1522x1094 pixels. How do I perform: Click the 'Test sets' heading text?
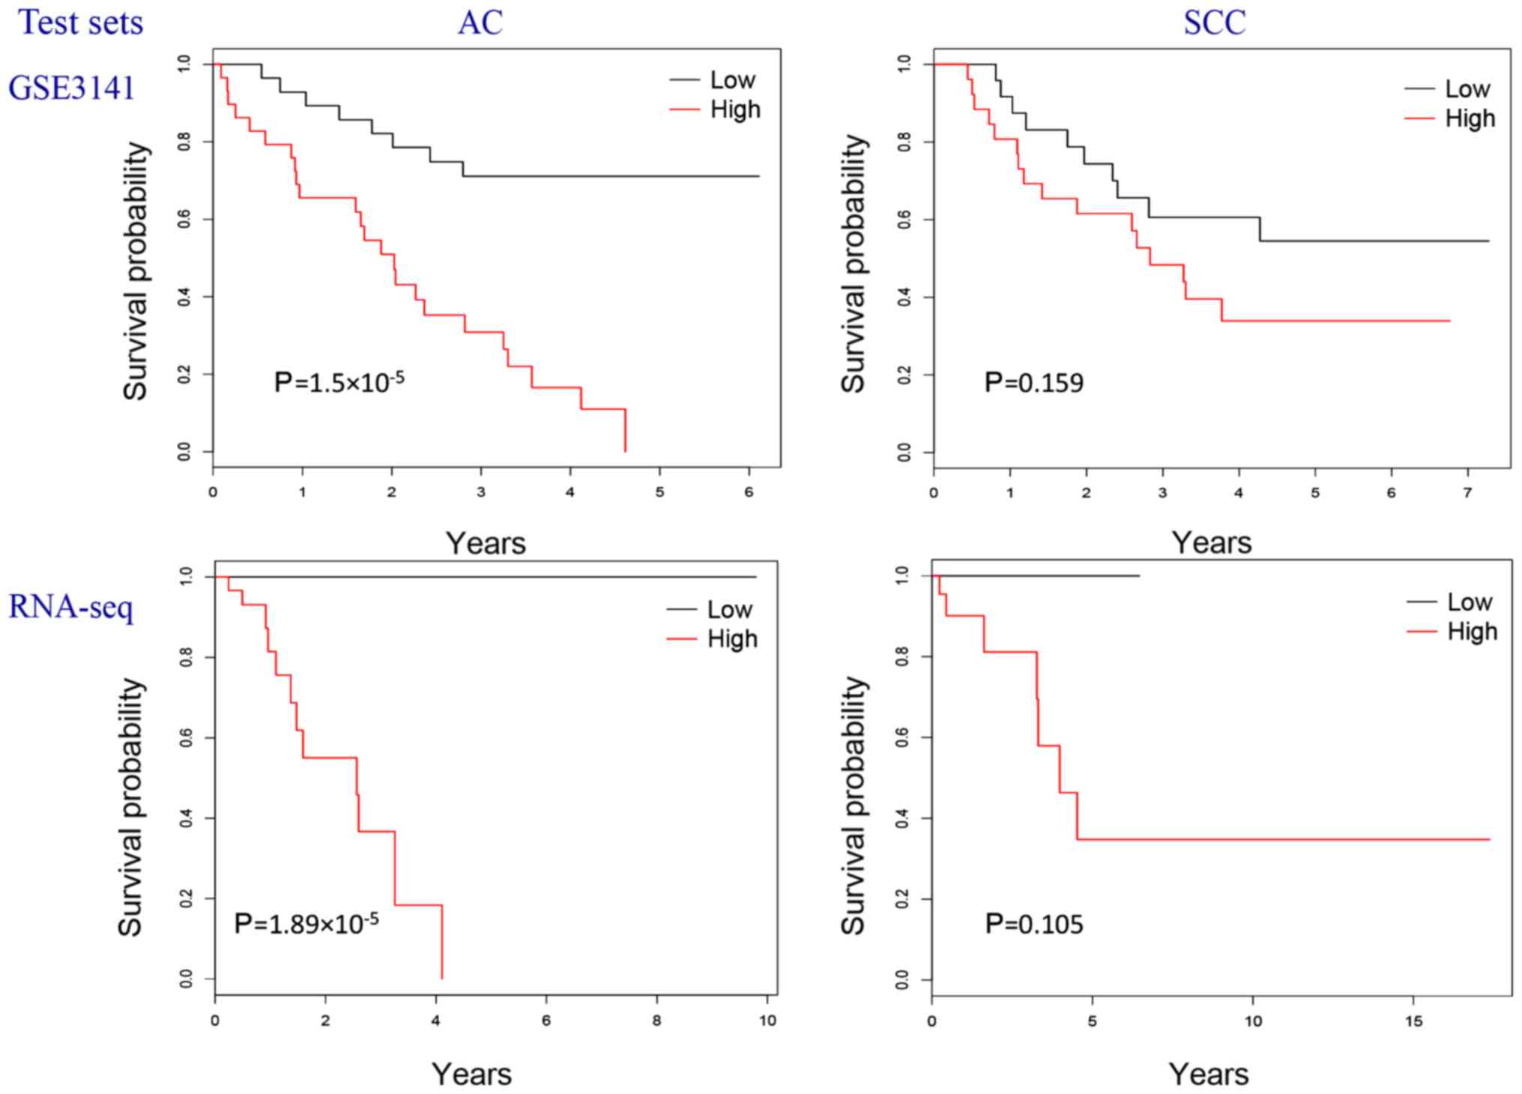click(x=80, y=22)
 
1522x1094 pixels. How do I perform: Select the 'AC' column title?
click(x=480, y=22)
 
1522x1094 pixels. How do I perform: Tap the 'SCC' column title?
click(x=1214, y=22)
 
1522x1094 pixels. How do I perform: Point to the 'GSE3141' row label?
click(x=71, y=88)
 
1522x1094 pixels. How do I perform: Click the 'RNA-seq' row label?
click(x=71, y=607)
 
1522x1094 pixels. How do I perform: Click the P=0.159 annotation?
click(x=1033, y=383)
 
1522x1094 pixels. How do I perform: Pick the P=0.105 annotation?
click(x=1033, y=924)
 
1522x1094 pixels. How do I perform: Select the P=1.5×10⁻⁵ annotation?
click(x=339, y=382)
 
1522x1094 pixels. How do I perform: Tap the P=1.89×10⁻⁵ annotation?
click(x=306, y=922)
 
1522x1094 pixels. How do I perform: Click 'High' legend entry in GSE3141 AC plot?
click(x=734, y=110)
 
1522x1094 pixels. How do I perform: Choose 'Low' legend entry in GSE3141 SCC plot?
click(x=1467, y=89)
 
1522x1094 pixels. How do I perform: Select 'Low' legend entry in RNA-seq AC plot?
click(x=729, y=610)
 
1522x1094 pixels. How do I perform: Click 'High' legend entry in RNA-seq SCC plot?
click(x=1472, y=632)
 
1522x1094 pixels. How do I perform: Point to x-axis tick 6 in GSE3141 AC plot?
click(x=749, y=492)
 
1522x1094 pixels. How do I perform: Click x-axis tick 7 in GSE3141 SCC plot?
click(x=1467, y=492)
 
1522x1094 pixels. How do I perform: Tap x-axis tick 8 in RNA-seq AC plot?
click(x=656, y=1021)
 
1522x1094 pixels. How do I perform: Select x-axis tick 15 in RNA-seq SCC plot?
click(x=1413, y=1021)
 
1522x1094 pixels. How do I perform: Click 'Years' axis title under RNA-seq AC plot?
click(x=471, y=1075)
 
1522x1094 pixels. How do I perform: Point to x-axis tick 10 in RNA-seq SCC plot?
click(x=1253, y=1021)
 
